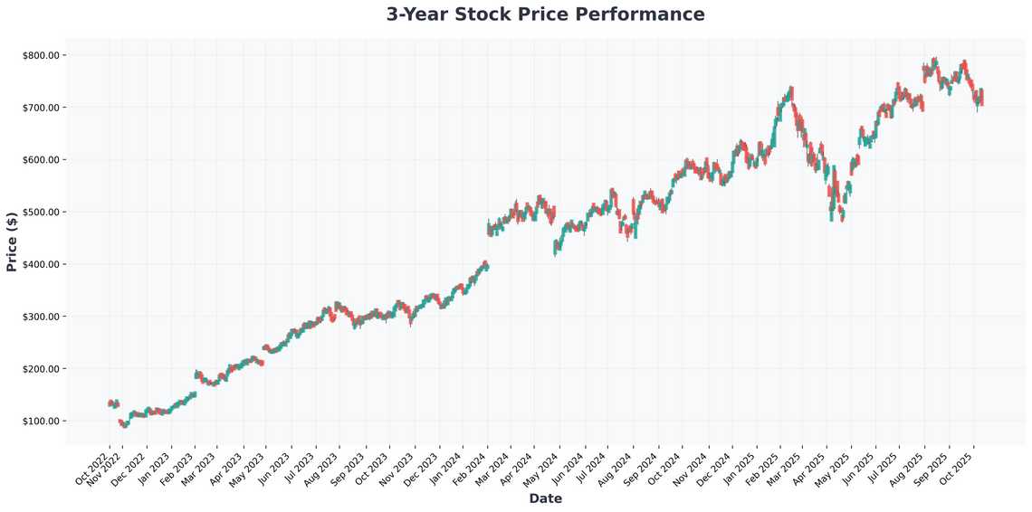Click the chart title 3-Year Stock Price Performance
point(545,14)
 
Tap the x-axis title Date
point(545,498)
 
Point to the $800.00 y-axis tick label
point(41,55)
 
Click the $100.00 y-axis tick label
point(41,422)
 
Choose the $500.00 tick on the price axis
point(41,213)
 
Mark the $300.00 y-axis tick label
point(41,317)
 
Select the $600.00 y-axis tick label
point(41,160)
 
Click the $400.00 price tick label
point(41,264)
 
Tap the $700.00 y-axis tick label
point(41,108)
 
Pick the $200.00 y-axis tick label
point(41,369)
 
